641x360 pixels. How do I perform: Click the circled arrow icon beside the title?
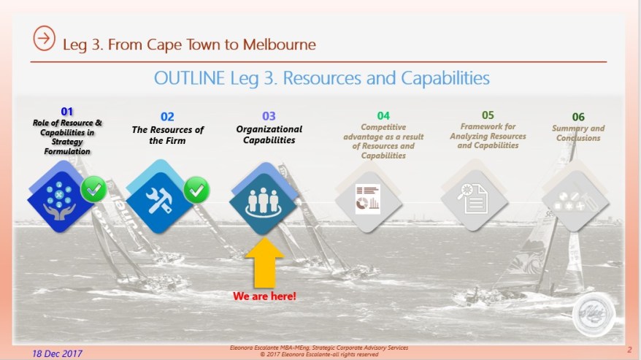click(44, 39)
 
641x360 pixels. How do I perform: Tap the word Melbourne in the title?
click(279, 45)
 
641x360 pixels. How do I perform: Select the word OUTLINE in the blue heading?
click(189, 77)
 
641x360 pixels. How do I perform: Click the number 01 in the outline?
click(66, 111)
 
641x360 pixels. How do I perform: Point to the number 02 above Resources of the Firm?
click(167, 117)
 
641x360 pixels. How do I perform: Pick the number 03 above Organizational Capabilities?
click(269, 116)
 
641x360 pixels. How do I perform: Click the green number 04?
click(383, 116)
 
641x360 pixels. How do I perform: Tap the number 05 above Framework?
click(488, 115)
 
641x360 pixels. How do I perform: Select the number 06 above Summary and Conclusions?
click(578, 117)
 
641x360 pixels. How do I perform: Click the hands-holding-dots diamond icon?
click(60, 197)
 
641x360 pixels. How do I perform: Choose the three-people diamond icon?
click(264, 199)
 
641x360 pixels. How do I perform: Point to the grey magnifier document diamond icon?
click(475, 196)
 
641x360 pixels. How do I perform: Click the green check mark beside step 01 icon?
click(93, 189)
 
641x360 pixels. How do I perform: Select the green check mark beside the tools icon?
click(196, 190)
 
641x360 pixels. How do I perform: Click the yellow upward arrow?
click(264, 263)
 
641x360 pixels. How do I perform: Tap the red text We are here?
click(264, 296)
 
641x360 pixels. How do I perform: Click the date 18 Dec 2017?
click(57, 353)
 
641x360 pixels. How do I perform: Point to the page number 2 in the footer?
click(629, 350)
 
